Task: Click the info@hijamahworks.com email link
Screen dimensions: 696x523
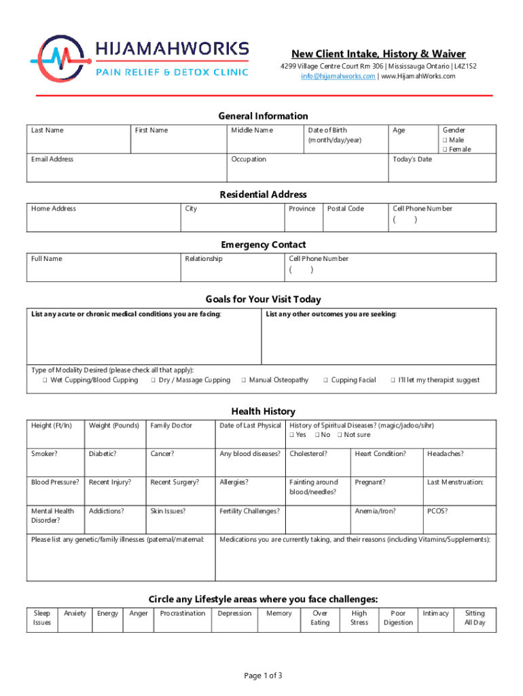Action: (338, 76)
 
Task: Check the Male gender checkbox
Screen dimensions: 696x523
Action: (446, 140)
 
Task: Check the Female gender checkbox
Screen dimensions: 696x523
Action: (446, 150)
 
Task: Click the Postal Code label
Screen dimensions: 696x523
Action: (345, 209)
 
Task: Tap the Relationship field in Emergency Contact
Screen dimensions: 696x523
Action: (233, 269)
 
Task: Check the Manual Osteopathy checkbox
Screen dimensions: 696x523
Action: (243, 381)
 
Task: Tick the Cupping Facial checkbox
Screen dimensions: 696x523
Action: (325, 381)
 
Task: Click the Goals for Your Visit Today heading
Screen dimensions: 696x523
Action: (263, 299)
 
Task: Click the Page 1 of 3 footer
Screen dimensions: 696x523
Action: (263, 675)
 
